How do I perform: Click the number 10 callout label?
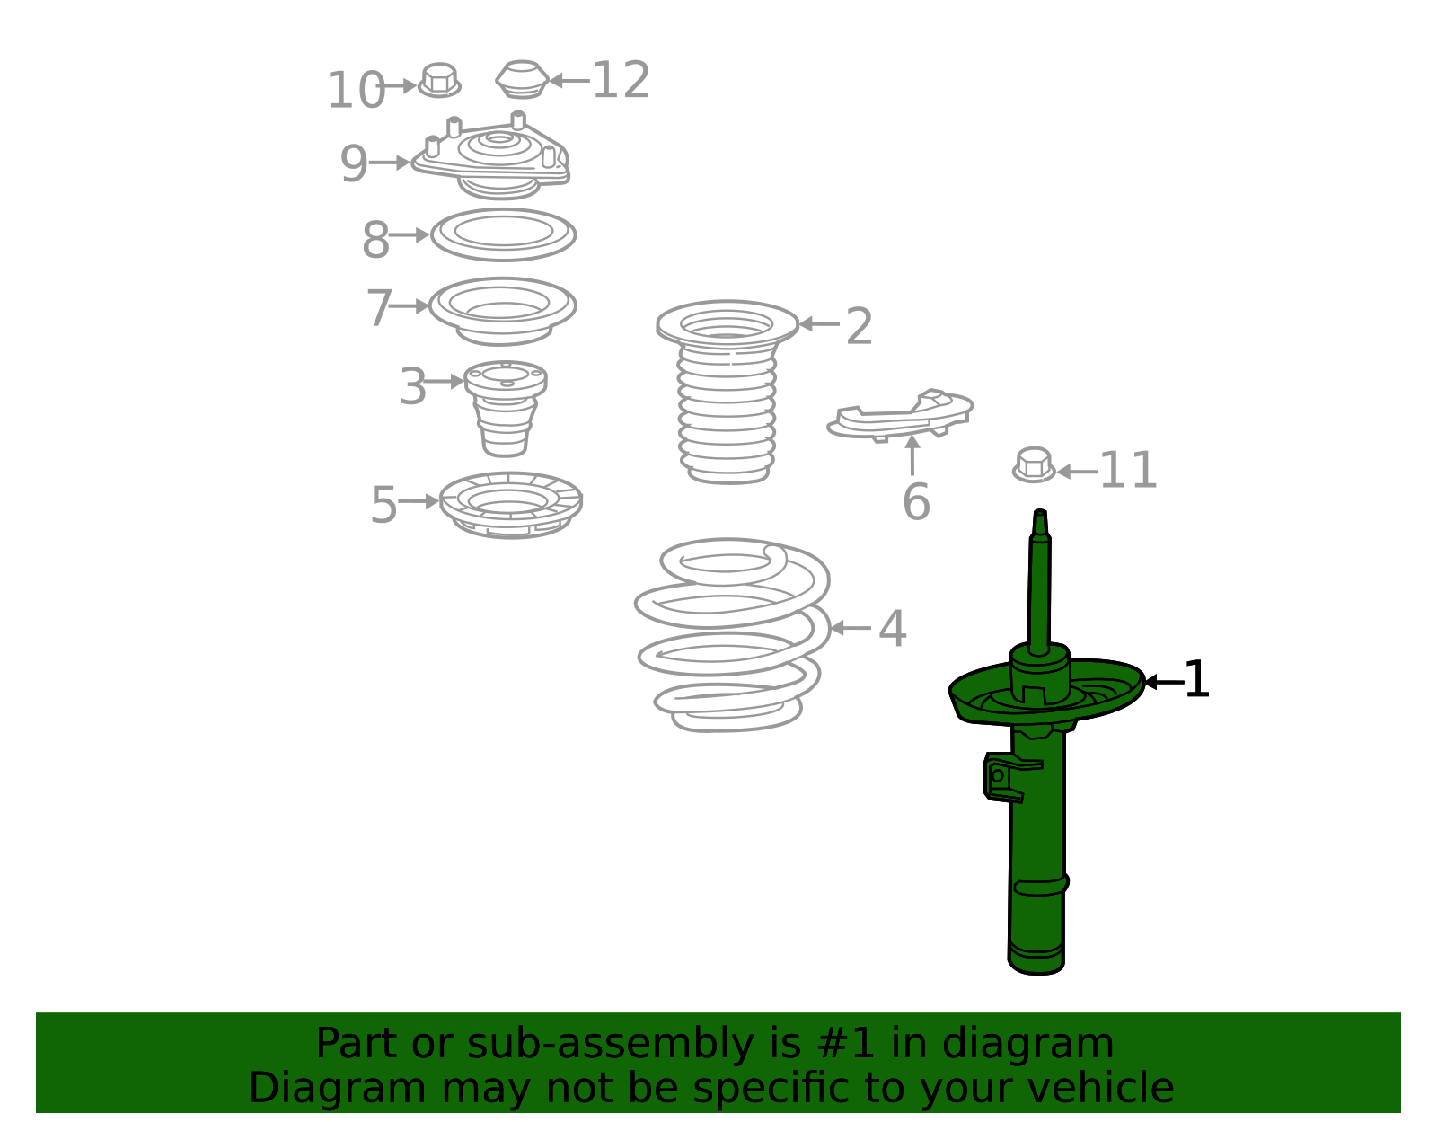(355, 91)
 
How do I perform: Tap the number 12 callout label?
(621, 81)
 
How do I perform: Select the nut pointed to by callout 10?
(439, 81)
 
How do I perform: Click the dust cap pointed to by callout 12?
(522, 80)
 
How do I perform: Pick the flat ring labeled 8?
(503, 234)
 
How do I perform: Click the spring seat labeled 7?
(503, 310)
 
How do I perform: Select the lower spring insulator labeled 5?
(510, 505)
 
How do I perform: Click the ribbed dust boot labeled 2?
(727, 395)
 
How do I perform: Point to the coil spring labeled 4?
(732, 633)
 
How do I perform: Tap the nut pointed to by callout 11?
(1034, 465)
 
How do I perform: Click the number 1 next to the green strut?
(1196, 680)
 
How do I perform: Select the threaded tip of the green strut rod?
(1040, 521)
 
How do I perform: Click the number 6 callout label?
(915, 502)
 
